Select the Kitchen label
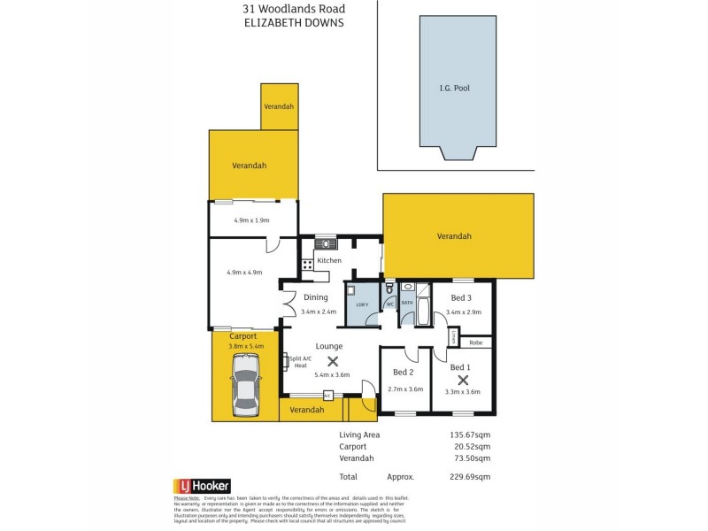click(329, 260)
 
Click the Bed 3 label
click(462, 297)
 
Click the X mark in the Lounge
click(333, 360)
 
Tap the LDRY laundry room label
click(361, 304)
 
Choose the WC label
click(389, 304)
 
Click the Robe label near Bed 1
click(475, 342)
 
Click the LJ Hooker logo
click(202, 486)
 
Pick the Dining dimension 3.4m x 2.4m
click(319, 312)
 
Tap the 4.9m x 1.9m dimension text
click(250, 219)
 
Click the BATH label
click(407, 303)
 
